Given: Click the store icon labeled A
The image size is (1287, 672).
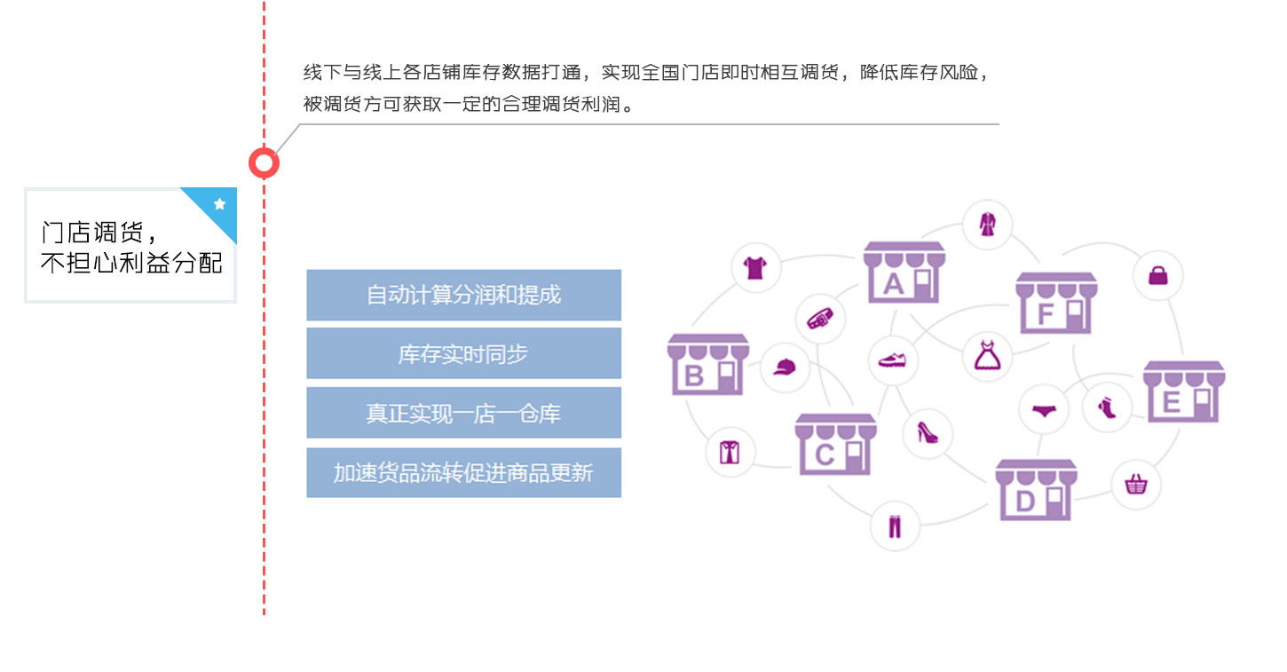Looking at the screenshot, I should (x=904, y=272).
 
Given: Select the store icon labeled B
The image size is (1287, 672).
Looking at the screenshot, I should (x=707, y=364).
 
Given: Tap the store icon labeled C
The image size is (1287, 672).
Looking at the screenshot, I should (x=835, y=444).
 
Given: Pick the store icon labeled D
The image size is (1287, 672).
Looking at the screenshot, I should (x=1036, y=490).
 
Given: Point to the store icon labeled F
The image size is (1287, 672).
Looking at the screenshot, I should (x=1056, y=303).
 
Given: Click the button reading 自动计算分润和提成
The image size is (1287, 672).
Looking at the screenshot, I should (x=463, y=295).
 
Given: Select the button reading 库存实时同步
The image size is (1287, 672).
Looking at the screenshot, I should (x=463, y=353).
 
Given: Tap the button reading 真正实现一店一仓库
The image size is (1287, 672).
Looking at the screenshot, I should (x=463, y=413).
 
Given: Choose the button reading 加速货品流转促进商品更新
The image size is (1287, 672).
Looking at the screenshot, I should (x=463, y=472).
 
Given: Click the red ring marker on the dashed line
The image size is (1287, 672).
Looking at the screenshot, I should (x=264, y=163).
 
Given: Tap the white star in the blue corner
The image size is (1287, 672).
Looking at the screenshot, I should (x=219, y=204).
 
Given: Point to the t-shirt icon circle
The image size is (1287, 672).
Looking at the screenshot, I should (x=755, y=267).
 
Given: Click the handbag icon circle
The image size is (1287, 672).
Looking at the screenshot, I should (x=1157, y=275).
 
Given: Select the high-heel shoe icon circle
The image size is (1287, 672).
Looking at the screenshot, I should (x=928, y=433).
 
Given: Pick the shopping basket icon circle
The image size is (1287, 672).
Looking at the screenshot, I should (x=1136, y=485).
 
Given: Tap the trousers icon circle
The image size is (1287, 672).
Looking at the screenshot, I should (x=895, y=526).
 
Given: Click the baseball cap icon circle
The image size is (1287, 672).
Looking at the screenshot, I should (x=785, y=367).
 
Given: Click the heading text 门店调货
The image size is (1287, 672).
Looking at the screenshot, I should (x=92, y=233).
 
